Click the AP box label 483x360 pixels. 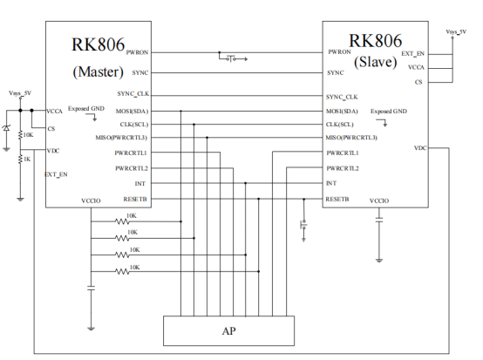[229, 331]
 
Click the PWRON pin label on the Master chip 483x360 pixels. [137, 52]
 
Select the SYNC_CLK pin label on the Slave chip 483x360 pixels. [342, 97]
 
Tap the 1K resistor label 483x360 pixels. [27, 160]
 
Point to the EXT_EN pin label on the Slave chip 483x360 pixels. [412, 54]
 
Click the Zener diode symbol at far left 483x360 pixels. [6, 128]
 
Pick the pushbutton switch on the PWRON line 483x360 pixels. [233, 58]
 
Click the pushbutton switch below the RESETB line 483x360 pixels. [303, 226]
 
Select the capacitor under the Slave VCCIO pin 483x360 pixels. [379, 220]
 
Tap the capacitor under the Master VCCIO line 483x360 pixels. [91, 289]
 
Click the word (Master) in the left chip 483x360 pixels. [98, 72]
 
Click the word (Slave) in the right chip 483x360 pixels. [375, 62]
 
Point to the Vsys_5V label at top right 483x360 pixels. [456, 31]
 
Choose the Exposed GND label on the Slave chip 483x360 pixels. [389, 112]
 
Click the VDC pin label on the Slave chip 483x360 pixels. [420, 148]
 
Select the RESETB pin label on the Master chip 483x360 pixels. [135, 200]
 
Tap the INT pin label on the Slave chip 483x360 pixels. [331, 183]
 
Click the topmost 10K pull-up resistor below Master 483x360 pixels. [122, 221]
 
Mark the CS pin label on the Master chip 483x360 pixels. [51, 129]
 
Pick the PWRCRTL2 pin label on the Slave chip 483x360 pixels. [343, 168]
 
